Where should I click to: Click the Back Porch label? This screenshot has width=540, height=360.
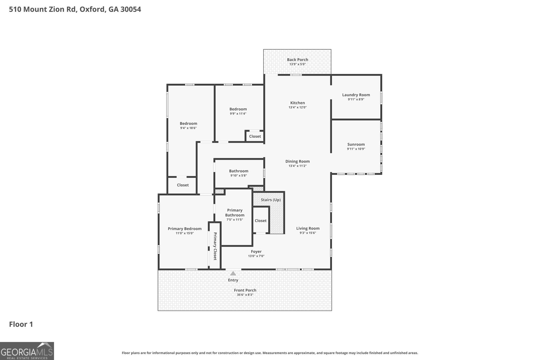click(297, 60)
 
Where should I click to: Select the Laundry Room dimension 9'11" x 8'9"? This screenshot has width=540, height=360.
click(356, 100)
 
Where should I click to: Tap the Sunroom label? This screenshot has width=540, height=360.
click(356, 144)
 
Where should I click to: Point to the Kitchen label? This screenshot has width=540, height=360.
click(297, 103)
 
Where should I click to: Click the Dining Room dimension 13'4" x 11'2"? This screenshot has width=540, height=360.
click(297, 166)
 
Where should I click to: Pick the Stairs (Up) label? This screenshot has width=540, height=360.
click(271, 200)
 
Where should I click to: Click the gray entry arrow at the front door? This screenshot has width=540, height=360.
click(233, 274)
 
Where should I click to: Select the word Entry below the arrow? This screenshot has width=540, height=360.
click(233, 280)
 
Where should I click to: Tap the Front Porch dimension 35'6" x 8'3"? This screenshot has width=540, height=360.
click(245, 295)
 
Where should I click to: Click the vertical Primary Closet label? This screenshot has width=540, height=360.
click(215, 246)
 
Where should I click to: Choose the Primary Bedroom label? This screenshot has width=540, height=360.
click(185, 229)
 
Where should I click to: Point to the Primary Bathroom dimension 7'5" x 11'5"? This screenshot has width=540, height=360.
click(235, 220)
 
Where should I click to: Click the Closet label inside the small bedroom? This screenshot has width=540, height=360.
click(255, 136)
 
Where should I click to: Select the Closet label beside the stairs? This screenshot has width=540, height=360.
click(261, 221)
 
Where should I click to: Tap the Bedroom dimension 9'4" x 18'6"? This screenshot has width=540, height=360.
click(188, 128)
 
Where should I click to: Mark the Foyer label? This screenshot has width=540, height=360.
click(256, 252)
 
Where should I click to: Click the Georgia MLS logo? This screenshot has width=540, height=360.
click(27, 351)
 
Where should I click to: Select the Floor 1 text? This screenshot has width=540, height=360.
click(21, 325)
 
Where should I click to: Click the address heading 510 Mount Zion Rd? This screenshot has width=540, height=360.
click(75, 9)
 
